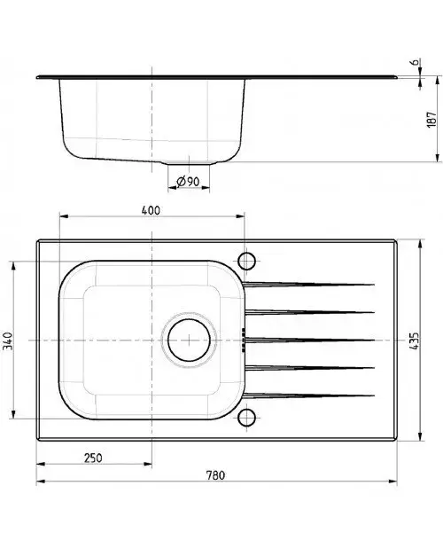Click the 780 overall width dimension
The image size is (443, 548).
pos(215,475)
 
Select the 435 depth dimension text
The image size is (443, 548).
pos(414,341)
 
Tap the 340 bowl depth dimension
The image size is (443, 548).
pos(8,341)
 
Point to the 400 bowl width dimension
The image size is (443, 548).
pos(151,210)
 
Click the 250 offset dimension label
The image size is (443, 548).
pos(93,458)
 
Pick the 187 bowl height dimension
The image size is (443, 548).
pos(431,120)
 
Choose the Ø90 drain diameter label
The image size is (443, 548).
pos(188,182)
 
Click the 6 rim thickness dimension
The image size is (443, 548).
pos(415,62)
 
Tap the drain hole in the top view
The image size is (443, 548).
pos(189,340)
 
